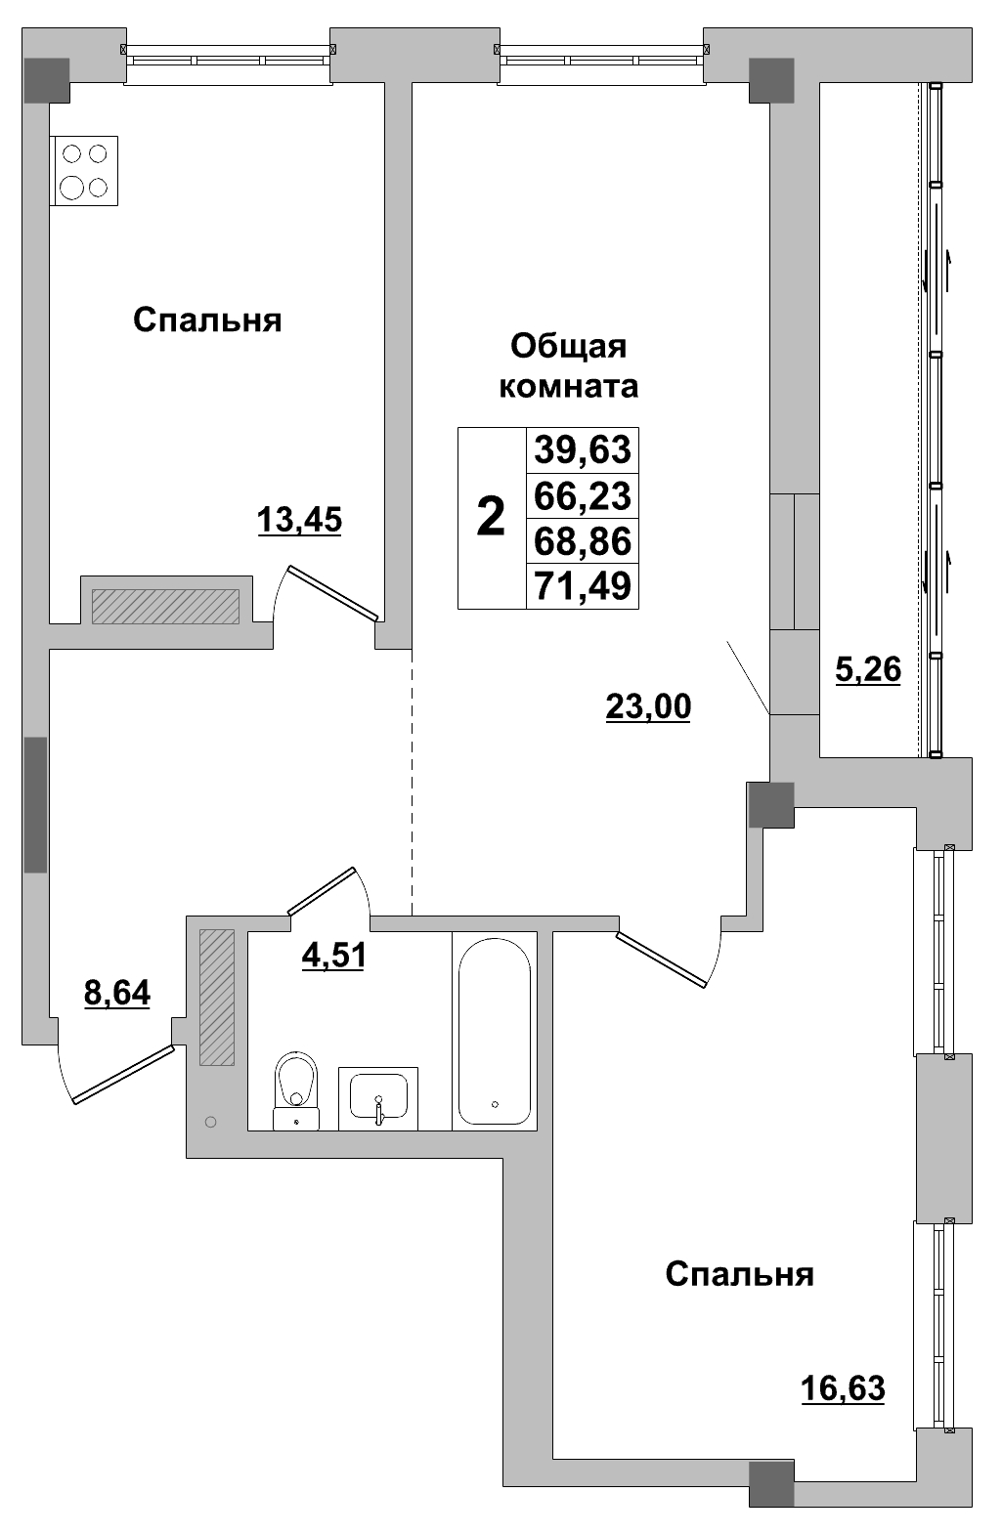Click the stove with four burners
83,171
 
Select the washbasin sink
378,1098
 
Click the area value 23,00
648,705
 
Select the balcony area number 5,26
867,670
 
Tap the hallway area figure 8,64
117,994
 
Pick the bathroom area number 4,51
333,955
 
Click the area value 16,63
843,1387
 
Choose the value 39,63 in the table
583,450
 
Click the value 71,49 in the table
583,586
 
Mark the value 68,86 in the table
583,540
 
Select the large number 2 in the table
491,517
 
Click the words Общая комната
569,366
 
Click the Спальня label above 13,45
207,320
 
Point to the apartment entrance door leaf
123,1075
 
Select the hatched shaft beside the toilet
217,997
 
